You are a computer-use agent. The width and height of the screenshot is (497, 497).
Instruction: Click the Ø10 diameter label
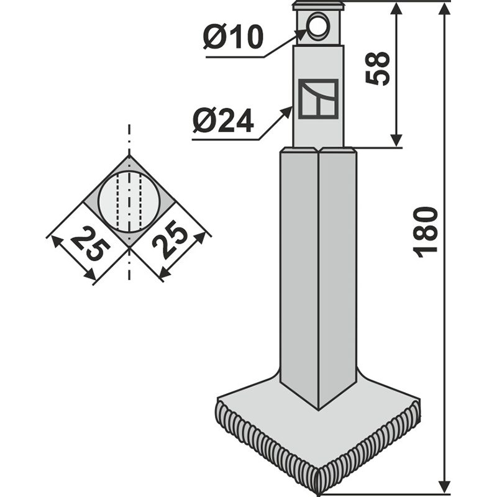point(233,37)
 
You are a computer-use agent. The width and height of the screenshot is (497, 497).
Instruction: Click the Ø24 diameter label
point(224,121)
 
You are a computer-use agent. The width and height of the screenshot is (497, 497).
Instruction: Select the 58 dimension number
point(377,68)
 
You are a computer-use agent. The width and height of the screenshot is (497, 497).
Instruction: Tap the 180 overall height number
point(426,232)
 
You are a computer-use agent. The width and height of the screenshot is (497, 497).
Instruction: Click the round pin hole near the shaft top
point(319,26)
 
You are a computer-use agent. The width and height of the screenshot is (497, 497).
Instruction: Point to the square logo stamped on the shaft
point(318,99)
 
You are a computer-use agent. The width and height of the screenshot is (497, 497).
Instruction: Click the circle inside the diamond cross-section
point(129,201)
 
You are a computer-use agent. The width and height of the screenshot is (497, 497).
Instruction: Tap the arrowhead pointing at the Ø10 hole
point(301,33)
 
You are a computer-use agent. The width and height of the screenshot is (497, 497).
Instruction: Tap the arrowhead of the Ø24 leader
point(287,111)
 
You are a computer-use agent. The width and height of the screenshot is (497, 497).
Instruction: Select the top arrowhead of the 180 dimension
point(445,7)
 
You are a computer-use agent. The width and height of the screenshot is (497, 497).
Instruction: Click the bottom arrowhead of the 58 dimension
point(396,140)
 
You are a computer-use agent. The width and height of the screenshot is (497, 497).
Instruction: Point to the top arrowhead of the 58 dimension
point(395,9)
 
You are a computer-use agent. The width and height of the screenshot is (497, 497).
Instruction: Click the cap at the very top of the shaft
point(318,6)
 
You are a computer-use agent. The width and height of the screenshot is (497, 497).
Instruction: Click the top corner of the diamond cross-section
point(129,155)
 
